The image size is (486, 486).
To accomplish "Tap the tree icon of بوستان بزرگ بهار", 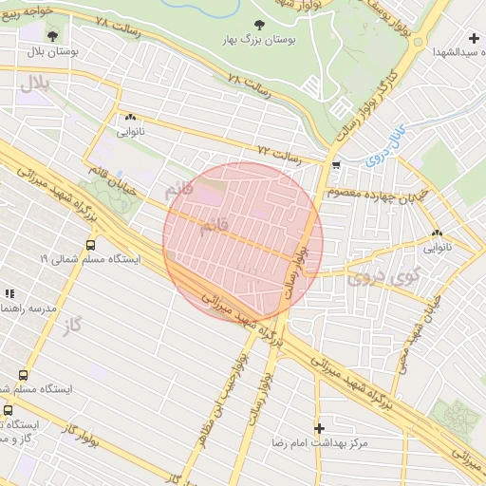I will coord(259,26).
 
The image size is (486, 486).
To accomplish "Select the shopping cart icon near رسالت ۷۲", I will coord(336,164).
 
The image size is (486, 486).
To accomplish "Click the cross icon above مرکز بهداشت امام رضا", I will coord(319,428).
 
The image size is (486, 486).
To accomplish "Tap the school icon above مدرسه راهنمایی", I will coord(10,294).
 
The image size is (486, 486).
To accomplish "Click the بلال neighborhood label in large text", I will coord(32,83).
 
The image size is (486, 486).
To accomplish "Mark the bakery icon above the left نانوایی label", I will coord(129,118).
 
